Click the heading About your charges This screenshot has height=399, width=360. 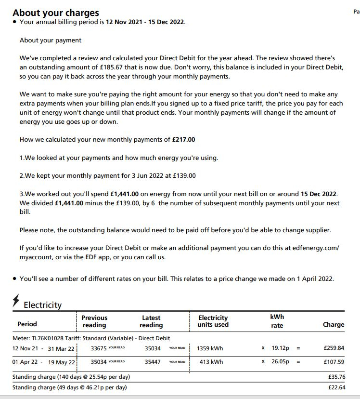click(x=56, y=13)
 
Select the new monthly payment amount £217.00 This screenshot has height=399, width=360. click(x=183, y=140)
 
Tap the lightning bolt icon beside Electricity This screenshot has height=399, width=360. click(x=16, y=302)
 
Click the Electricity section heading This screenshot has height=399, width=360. click(x=43, y=305)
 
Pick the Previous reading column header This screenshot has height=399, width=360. click(x=94, y=321)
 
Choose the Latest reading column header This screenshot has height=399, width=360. click(x=151, y=321)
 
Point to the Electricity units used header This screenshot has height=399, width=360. click(x=213, y=321)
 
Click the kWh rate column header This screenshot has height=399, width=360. click(x=277, y=321)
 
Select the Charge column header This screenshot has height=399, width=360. click(x=334, y=325)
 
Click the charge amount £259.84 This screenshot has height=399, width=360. click(x=334, y=348)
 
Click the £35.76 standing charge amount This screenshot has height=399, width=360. click(x=336, y=377)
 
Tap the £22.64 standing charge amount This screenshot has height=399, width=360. click(x=336, y=387)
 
